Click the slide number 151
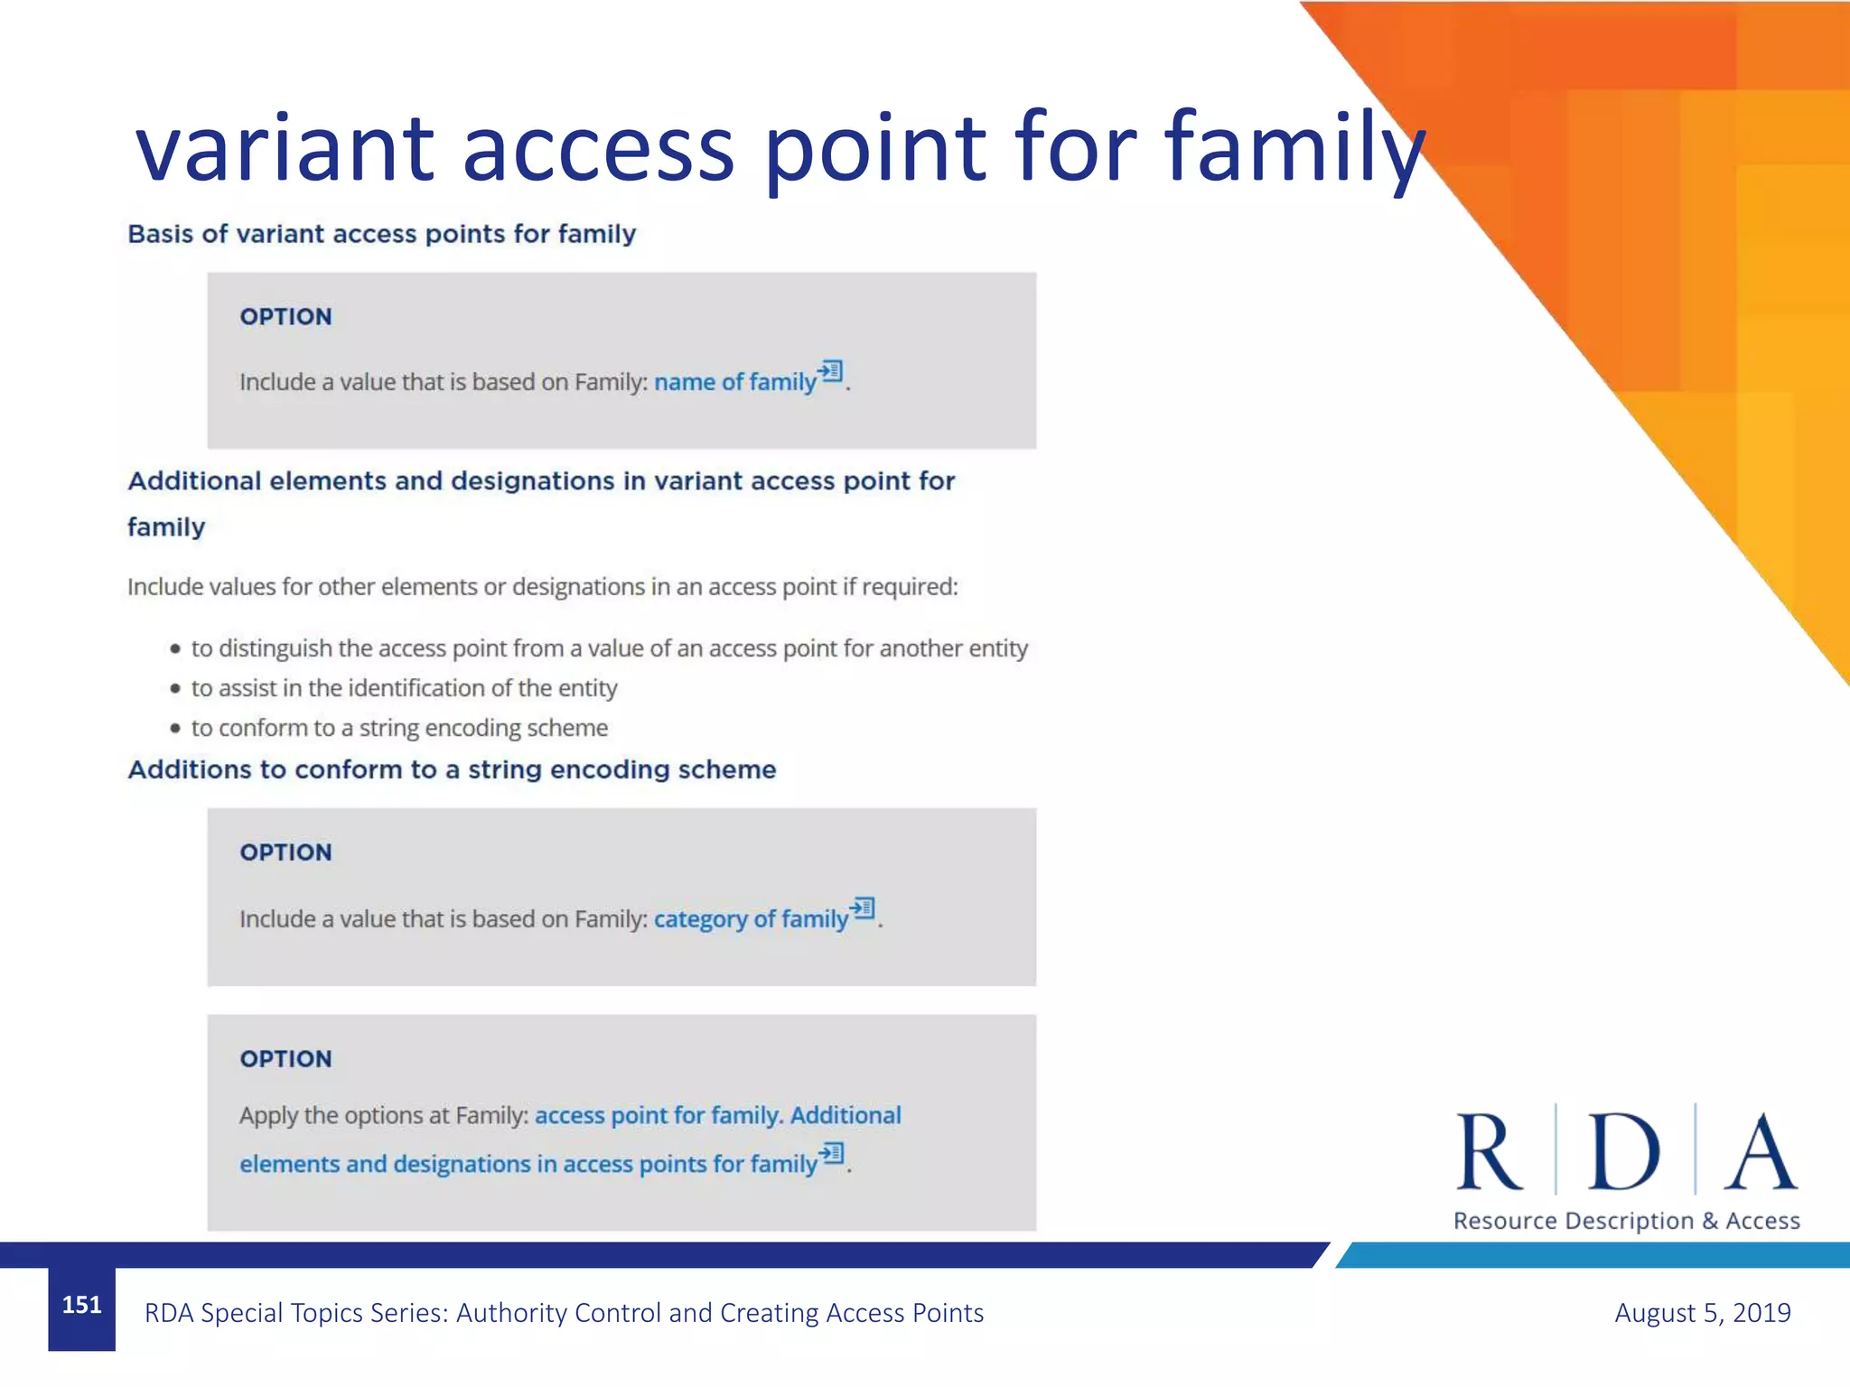(81, 1305)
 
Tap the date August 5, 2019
(1702, 1312)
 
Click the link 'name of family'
(734, 383)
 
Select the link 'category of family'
(751, 919)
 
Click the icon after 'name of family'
(831, 371)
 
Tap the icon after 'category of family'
(864, 908)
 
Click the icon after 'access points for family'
(832, 1153)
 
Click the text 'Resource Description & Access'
(1626, 1221)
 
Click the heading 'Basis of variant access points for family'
(381, 234)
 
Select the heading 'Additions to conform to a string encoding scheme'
(452, 769)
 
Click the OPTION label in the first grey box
(285, 317)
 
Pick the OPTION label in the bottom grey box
(285, 1059)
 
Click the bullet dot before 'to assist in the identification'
(175, 688)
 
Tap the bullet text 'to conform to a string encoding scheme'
(399, 728)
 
